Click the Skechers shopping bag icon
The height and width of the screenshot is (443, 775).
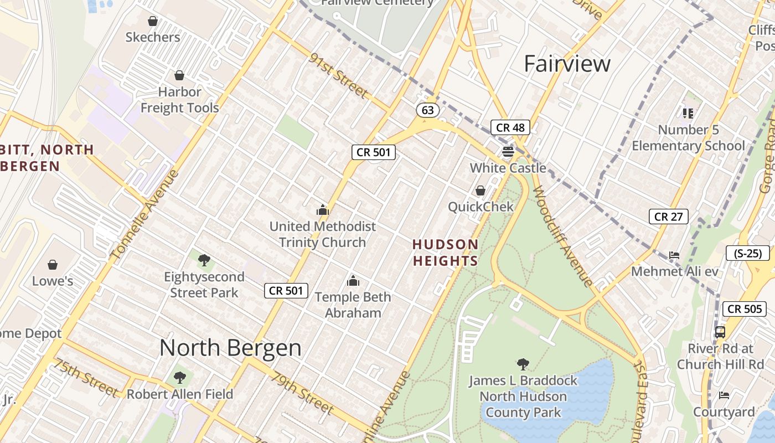point(153,22)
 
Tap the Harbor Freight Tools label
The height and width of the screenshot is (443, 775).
point(179,100)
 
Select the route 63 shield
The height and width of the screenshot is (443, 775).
point(427,110)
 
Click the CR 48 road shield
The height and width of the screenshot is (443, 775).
point(510,127)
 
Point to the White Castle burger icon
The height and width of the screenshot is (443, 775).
point(508,151)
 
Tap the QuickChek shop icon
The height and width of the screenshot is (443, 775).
point(480,190)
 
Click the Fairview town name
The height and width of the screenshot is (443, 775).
point(567,64)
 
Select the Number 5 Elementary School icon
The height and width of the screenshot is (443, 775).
point(688,114)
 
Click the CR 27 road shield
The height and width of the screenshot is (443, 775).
point(668,217)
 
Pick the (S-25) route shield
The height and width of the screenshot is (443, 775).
point(747,254)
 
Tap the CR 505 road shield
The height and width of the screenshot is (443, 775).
point(745,309)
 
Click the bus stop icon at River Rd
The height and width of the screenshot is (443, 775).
point(720,332)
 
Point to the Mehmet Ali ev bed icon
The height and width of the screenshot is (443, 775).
point(674,255)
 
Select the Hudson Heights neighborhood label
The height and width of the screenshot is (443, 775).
point(445,253)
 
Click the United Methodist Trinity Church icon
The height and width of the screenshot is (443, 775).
point(322,210)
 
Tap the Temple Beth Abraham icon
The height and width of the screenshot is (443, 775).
point(353,281)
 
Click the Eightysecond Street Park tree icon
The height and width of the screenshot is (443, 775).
point(204,260)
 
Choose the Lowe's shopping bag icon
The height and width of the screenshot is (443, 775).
point(53,265)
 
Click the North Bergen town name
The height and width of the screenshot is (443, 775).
point(230,348)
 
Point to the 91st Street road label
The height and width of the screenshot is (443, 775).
point(339,76)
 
